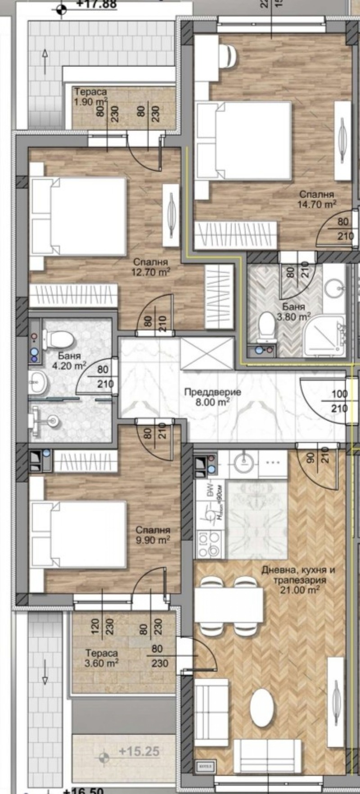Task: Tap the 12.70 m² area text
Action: (x=150, y=271)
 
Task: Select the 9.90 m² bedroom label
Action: (x=153, y=539)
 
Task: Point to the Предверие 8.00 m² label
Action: (x=212, y=397)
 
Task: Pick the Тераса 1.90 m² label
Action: (x=90, y=97)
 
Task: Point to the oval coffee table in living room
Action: (x=261, y=708)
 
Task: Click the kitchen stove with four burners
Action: (x=209, y=544)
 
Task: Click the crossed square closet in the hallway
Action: (x=207, y=354)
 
